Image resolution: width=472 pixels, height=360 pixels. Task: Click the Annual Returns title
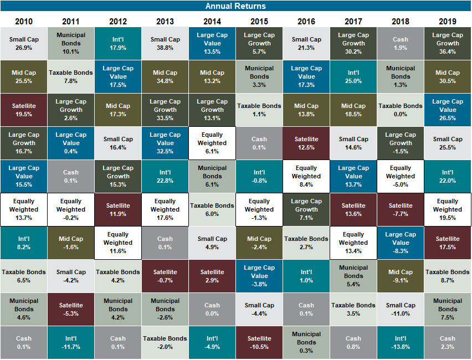(235, 6)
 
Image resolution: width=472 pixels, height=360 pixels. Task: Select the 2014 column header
(212, 22)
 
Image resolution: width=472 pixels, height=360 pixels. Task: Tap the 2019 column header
(447, 22)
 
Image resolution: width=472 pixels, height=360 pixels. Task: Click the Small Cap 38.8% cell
(165, 44)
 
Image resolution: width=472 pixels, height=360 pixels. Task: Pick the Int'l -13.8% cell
(400, 342)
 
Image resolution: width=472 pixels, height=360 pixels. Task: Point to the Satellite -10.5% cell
(259, 342)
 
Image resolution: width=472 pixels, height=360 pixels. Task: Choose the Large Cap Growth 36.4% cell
(447, 44)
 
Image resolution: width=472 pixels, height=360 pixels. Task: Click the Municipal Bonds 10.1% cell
(71, 44)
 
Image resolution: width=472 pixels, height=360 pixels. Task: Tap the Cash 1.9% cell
(400, 44)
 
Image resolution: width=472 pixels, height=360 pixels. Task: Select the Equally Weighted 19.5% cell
(447, 209)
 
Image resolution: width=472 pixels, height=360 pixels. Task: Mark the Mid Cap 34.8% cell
(165, 76)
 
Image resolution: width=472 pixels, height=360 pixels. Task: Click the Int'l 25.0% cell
(353, 76)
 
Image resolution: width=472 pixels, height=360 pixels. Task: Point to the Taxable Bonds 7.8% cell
(71, 76)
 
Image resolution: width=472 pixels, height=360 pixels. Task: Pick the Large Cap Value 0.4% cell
(71, 143)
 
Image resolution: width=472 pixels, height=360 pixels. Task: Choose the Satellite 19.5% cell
(24, 110)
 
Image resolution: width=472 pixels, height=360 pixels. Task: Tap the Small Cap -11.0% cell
(400, 309)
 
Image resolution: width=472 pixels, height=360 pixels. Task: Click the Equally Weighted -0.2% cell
(71, 209)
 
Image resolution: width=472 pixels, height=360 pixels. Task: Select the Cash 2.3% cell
(447, 342)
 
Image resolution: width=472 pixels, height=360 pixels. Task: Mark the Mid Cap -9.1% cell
(400, 276)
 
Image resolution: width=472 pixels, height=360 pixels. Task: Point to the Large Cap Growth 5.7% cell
(259, 44)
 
